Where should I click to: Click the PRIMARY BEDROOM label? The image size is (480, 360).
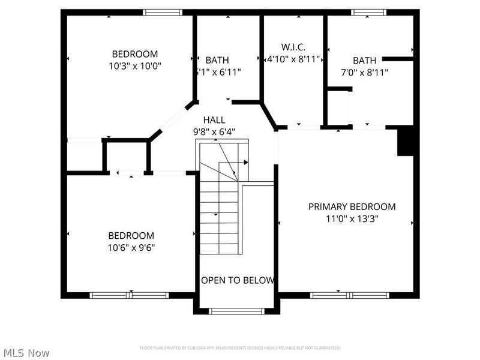click(352, 206)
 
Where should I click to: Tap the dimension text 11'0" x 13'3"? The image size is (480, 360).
click(352, 219)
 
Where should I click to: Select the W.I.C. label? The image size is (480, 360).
click(294, 46)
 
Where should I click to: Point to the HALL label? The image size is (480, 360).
click(214, 119)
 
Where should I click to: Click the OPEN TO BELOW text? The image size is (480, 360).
click(238, 280)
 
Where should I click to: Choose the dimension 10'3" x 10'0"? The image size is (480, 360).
click(135, 65)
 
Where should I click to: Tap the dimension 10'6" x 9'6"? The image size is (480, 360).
click(131, 247)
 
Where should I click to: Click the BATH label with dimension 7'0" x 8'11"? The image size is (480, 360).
click(364, 60)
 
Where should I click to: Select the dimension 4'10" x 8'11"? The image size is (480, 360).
click(294, 59)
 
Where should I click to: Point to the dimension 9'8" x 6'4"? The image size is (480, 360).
click(214, 131)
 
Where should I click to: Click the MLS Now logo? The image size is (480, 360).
click(26, 353)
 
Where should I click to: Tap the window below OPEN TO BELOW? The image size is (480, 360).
click(236, 311)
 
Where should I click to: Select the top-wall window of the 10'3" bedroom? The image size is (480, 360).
click(163, 12)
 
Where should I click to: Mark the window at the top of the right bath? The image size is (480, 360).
click(369, 12)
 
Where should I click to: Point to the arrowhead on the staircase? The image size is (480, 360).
click(245, 162)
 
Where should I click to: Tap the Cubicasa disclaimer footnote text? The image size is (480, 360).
click(240, 348)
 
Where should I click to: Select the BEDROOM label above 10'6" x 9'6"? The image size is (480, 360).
click(131, 235)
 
